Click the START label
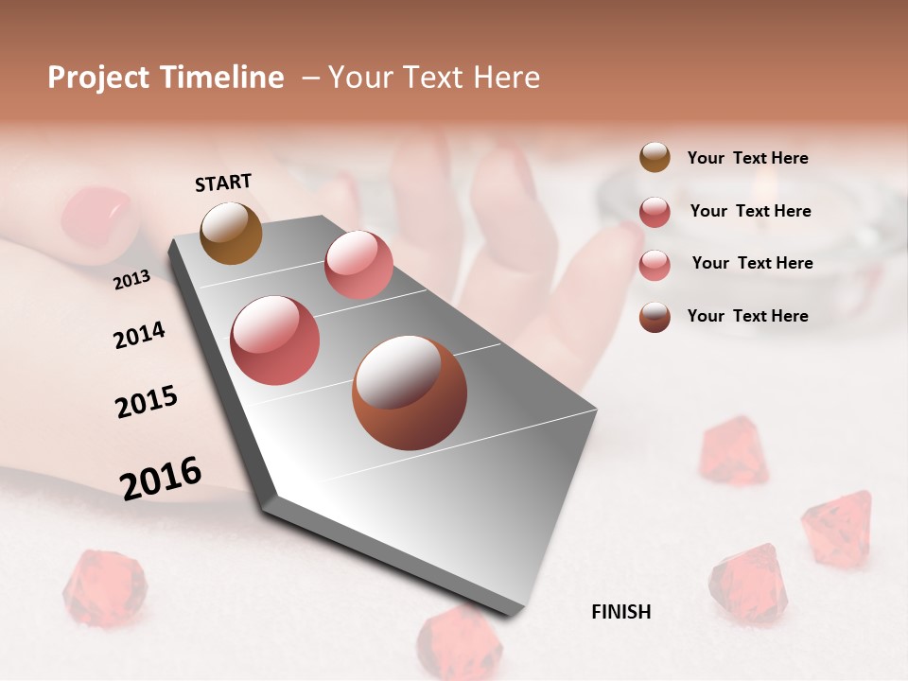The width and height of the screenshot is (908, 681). tap(223, 183)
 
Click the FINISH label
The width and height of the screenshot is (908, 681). tap(620, 612)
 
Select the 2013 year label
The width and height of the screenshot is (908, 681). tap(131, 279)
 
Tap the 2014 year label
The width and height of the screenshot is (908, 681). tap(139, 336)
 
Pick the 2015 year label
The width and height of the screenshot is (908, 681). tap(147, 402)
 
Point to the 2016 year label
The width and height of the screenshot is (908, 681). tap(161, 478)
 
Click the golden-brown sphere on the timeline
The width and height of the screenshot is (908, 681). tap(231, 233)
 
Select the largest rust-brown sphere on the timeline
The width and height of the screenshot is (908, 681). tap(410, 393)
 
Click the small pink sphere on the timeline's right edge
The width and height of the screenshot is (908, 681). tap(358, 265)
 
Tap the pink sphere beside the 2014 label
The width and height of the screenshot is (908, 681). tap(274, 340)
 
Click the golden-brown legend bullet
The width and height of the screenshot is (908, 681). tap(655, 158)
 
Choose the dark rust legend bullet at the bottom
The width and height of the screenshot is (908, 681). tap(655, 316)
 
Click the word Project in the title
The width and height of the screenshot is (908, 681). tap(98, 78)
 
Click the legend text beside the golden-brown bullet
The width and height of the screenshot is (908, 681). tap(747, 158)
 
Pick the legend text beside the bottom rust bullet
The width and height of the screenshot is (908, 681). tap(747, 316)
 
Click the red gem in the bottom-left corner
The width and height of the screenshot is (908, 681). tap(104, 588)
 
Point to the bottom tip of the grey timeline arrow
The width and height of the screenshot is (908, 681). tap(515, 613)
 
